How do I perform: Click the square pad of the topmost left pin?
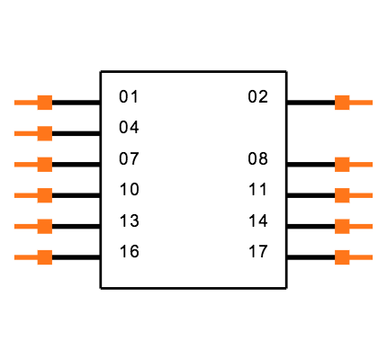click(44, 103)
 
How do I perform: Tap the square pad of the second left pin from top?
click(44, 133)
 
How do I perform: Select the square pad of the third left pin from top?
click(44, 165)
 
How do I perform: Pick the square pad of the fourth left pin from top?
click(44, 195)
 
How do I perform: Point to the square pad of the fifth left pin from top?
click(44, 226)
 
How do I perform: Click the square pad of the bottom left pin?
click(44, 257)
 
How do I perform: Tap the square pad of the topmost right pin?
click(342, 103)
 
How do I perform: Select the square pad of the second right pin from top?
click(342, 165)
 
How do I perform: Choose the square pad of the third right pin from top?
click(342, 195)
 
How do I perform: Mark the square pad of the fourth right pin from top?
click(342, 226)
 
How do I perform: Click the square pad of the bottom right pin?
click(342, 257)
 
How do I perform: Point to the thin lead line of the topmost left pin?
click(24, 103)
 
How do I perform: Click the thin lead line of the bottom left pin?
click(24, 257)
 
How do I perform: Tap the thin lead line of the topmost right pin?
click(362, 103)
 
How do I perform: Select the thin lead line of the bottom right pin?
click(362, 257)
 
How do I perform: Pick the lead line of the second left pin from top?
click(24, 133)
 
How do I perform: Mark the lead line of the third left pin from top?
click(24, 165)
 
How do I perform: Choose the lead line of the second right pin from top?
click(362, 165)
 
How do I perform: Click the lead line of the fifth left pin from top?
click(24, 226)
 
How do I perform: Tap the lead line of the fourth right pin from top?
click(362, 226)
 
